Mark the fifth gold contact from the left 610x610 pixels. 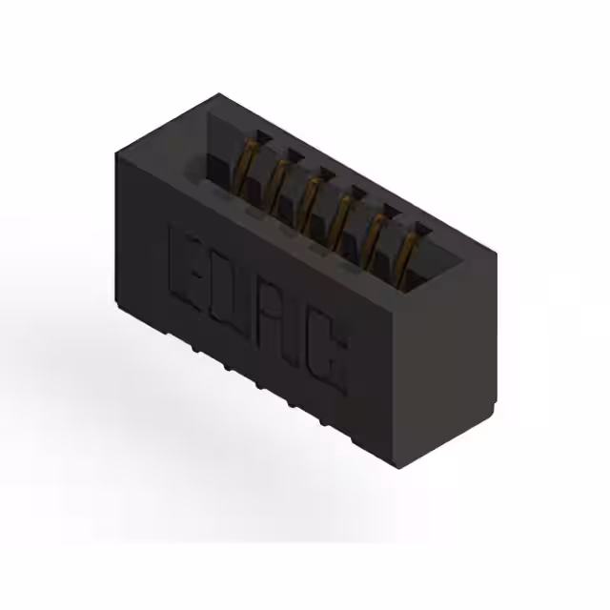376,231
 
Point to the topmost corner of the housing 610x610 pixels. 218,94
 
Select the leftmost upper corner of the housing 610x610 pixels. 114,155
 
